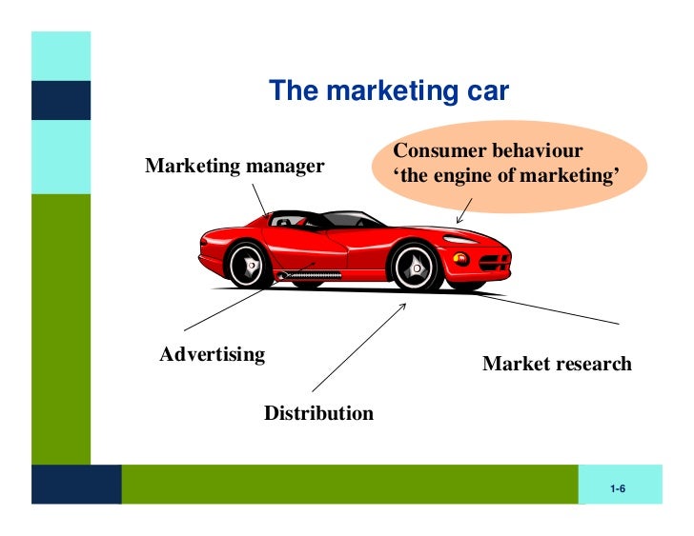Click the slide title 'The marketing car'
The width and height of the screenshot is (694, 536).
point(389,91)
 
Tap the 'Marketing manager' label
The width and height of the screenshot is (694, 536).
point(235,167)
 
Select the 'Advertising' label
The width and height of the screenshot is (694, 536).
point(212,355)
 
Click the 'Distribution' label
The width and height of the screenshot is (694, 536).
point(318,413)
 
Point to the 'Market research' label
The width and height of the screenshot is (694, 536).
point(557,364)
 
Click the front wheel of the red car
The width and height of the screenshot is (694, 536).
point(417,268)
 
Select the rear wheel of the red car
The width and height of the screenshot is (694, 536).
point(250,264)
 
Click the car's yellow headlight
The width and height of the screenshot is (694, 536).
point(461,257)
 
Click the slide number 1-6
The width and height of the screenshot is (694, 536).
point(617,489)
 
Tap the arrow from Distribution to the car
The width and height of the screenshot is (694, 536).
point(358,348)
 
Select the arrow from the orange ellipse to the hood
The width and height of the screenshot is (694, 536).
point(463,211)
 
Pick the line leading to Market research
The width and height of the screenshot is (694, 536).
point(553,309)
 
